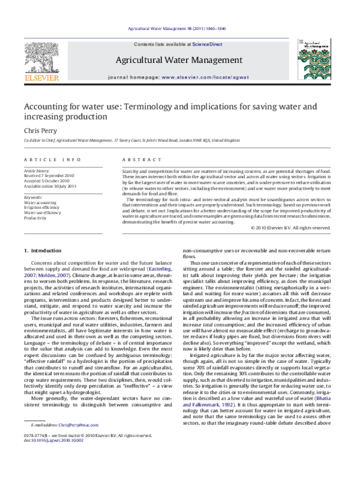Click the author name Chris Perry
[x=40, y=129]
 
